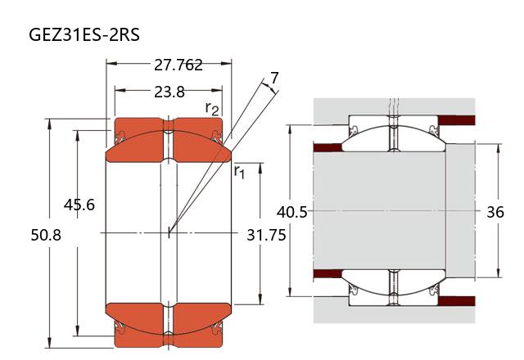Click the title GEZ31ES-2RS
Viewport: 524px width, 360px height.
[84, 34]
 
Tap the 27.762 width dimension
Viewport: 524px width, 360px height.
[178, 65]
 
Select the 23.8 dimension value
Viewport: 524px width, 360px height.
[169, 92]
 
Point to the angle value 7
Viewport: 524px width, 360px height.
[274, 79]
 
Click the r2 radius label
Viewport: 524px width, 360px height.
[212, 108]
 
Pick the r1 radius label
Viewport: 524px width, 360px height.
[239, 171]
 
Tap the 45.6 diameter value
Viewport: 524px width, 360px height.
[79, 205]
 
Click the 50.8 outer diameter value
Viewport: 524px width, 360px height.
[46, 235]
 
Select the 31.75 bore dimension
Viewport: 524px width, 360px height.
[266, 235]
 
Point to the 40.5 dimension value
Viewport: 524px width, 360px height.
[291, 212]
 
